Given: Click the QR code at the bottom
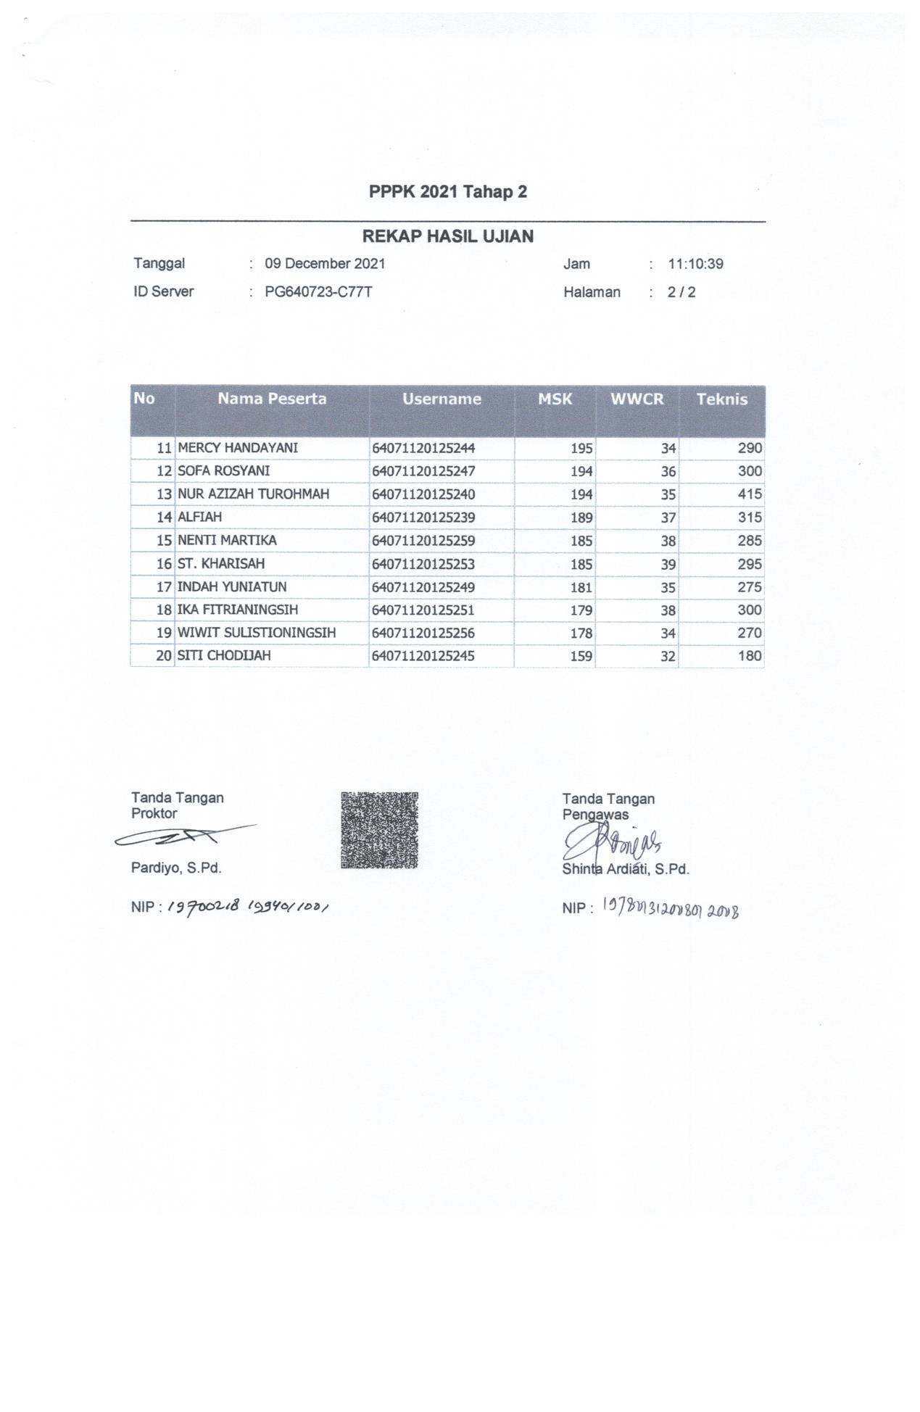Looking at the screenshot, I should click(x=379, y=830).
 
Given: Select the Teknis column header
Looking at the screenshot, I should click(x=721, y=399).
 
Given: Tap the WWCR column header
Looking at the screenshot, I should click(x=637, y=399).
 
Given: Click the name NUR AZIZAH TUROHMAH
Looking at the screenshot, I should click(x=253, y=494).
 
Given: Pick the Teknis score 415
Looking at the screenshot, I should click(x=750, y=494).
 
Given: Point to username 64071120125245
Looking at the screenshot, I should click(x=423, y=657).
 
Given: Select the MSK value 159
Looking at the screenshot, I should click(x=581, y=657).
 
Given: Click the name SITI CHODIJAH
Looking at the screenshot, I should click(x=224, y=656).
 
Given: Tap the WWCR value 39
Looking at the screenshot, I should click(x=668, y=564).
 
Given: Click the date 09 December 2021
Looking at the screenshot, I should click(x=325, y=264).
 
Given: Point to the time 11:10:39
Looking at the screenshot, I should click(x=695, y=264).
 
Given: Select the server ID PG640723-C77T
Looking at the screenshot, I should click(x=318, y=292).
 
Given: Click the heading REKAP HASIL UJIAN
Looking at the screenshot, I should click(x=448, y=236).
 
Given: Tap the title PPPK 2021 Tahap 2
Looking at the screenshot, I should click(x=448, y=192).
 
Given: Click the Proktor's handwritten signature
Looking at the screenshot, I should click(x=181, y=838).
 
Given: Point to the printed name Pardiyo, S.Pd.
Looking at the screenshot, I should click(x=176, y=868).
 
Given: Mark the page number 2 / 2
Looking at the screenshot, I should click(x=681, y=293).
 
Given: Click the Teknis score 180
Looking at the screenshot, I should click(x=750, y=657).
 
